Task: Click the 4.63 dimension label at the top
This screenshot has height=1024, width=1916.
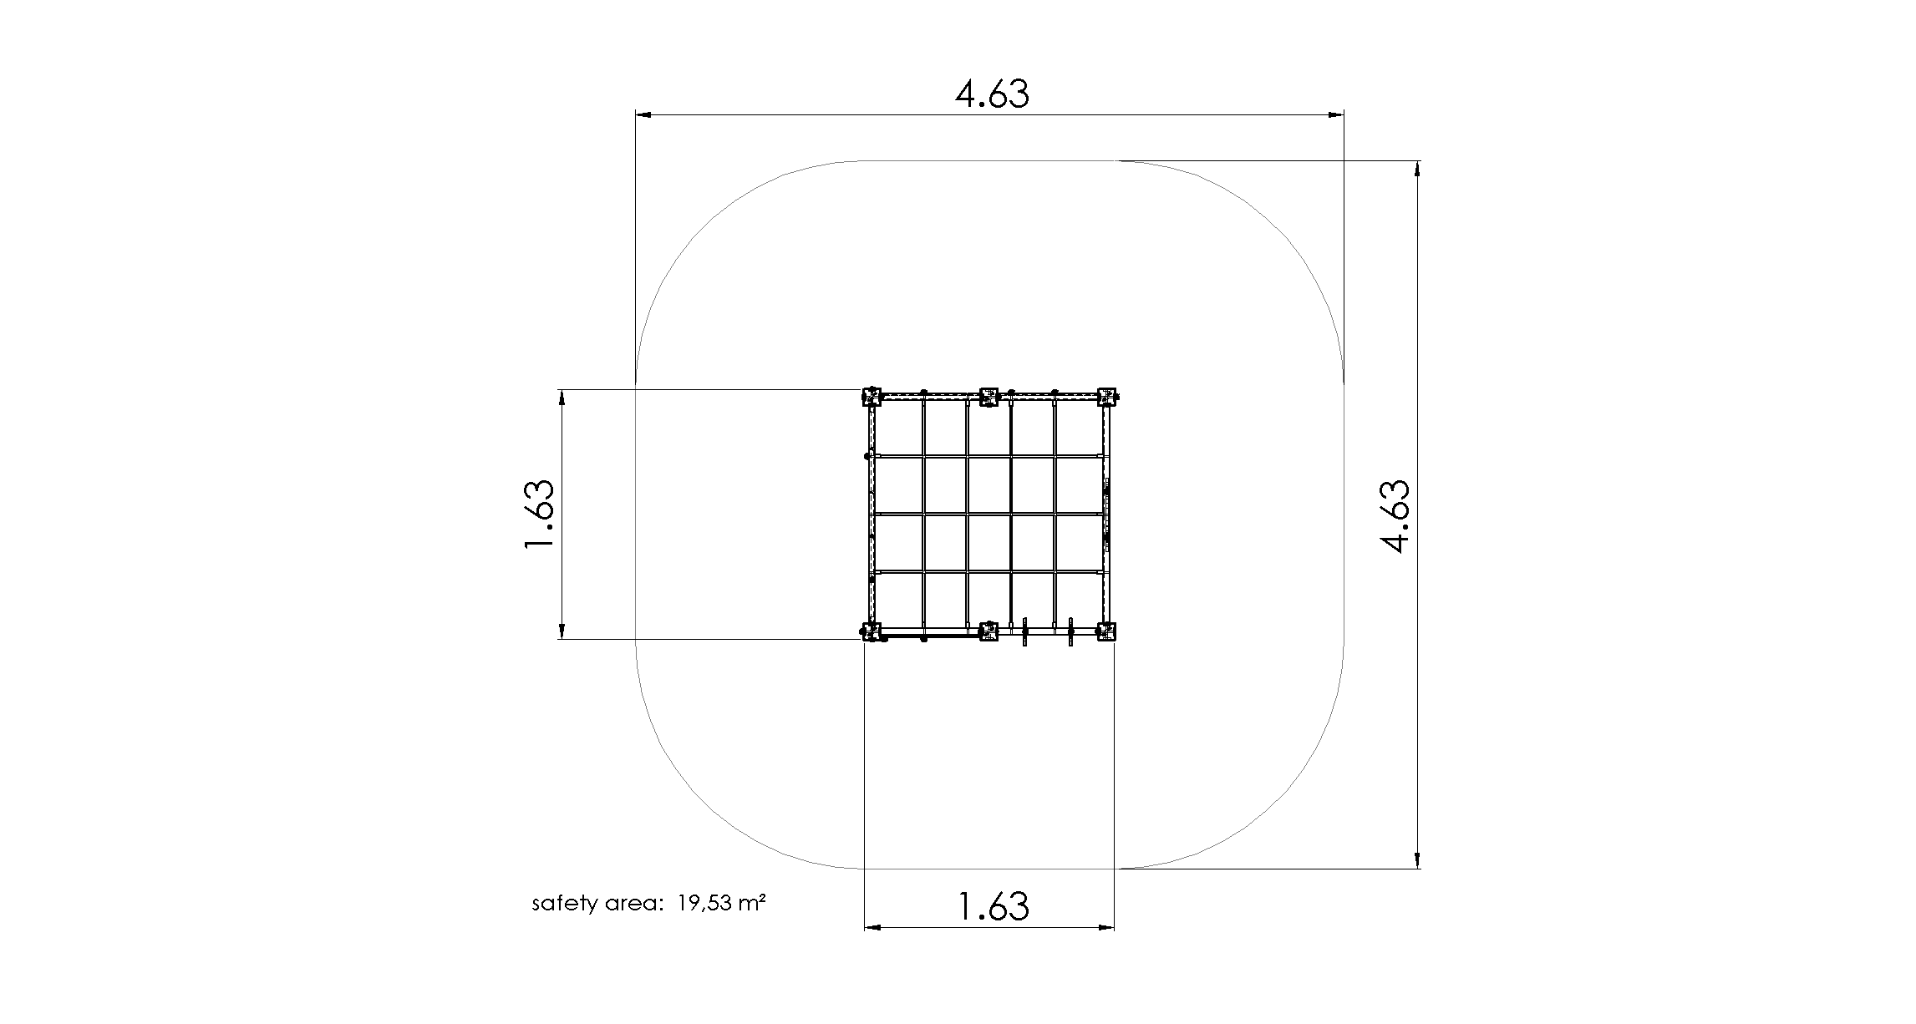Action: click(992, 94)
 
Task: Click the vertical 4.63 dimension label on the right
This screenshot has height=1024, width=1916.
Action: click(1395, 515)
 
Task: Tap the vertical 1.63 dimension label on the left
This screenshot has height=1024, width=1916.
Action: click(539, 515)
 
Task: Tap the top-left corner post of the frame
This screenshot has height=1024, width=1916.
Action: click(872, 396)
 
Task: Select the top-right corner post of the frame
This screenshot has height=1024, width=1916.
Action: click(1107, 396)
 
